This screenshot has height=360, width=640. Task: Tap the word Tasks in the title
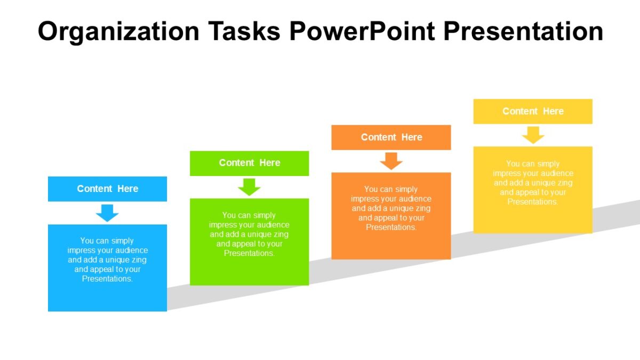(247, 32)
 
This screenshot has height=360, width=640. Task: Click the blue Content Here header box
(107, 189)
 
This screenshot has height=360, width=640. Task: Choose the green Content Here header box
(249, 163)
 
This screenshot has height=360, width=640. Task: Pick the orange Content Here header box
(391, 138)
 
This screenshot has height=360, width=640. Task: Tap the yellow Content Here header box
(533, 111)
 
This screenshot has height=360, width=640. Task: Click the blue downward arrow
(107, 213)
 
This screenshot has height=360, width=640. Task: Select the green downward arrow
(249, 187)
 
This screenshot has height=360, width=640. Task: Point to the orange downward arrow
(391, 161)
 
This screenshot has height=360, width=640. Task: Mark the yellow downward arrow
(533, 135)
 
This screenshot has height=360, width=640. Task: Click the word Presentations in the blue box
(107, 279)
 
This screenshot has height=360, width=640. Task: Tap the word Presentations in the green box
(249, 253)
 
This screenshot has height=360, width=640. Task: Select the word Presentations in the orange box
(391, 228)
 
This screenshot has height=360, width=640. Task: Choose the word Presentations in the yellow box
(533, 202)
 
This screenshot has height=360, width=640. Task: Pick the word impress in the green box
(221, 225)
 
